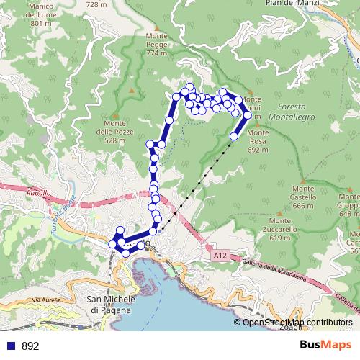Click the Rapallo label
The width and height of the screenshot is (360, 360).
[37, 194]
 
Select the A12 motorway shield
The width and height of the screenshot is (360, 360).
[220, 255]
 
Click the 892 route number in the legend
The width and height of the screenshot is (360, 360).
[30, 346]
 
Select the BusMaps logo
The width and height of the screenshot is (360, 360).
[325, 345]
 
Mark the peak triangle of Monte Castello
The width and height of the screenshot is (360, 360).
[304, 180]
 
